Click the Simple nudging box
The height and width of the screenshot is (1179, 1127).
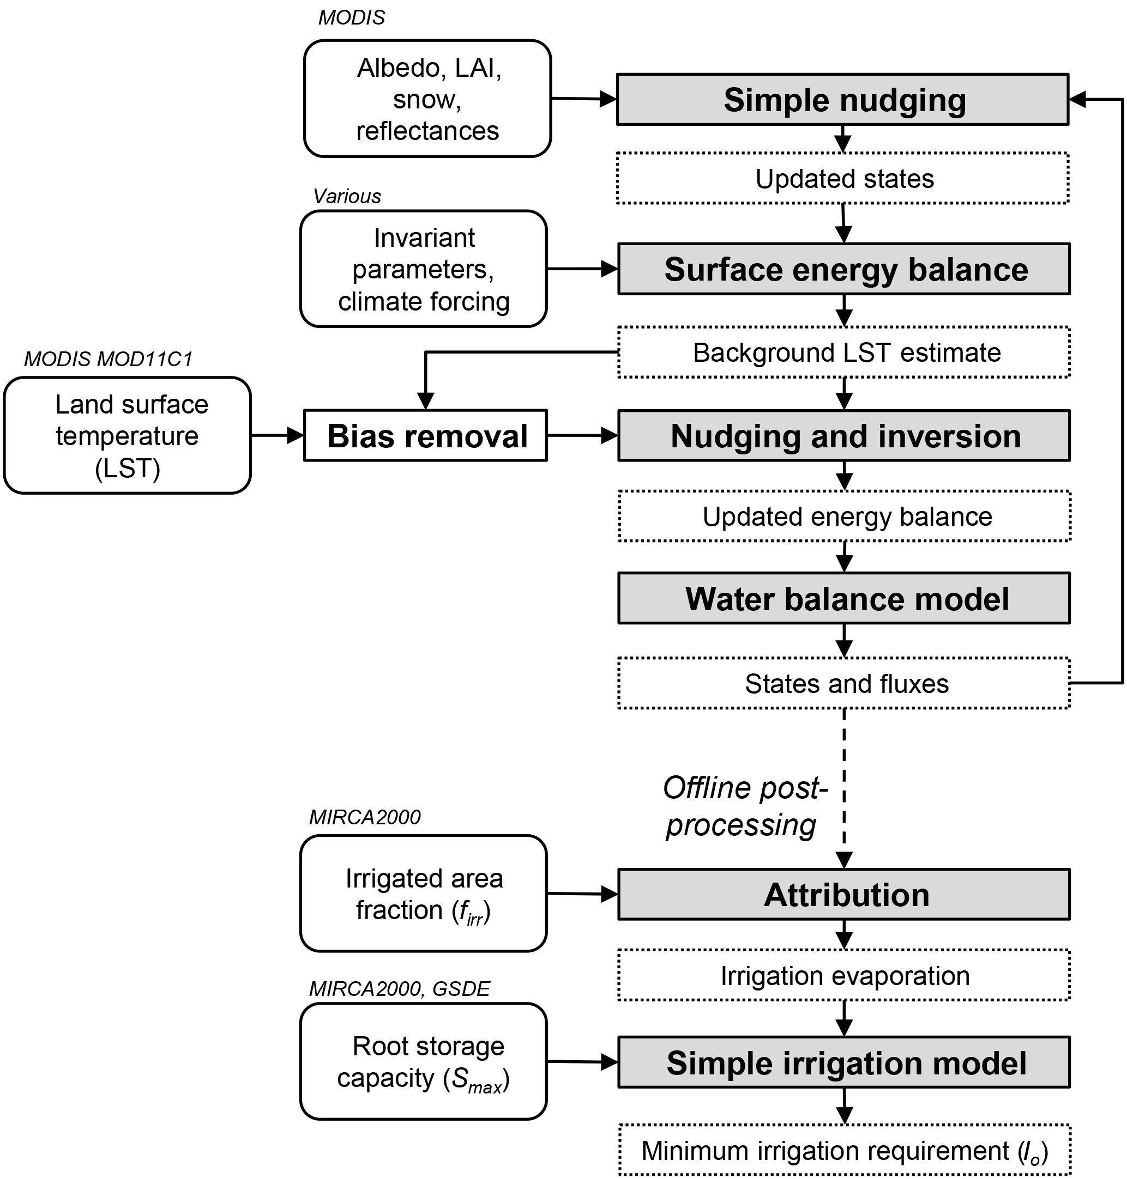[842, 100]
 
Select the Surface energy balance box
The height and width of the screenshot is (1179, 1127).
[844, 269]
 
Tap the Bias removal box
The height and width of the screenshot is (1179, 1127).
[425, 436]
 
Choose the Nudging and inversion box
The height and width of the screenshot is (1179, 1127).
[844, 436]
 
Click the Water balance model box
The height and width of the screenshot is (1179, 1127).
[844, 599]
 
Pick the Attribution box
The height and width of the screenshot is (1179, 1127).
[844, 895]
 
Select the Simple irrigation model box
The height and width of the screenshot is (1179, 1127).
[844, 1062]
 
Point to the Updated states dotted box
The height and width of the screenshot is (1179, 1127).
[842, 178]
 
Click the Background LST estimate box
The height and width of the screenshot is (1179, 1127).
[844, 353]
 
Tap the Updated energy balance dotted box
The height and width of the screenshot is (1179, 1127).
[844, 516]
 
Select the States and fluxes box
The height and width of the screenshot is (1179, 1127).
[844, 683]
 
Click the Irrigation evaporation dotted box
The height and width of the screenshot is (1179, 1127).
[844, 975]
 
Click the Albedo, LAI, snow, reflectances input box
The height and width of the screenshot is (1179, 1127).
[427, 99]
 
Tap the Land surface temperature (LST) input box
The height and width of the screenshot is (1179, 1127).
[128, 436]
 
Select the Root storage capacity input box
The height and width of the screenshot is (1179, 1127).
[424, 1062]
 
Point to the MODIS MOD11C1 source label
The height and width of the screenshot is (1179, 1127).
[108, 359]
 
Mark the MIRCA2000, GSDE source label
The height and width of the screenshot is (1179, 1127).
[400, 989]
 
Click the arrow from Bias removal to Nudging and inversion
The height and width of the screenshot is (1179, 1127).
[582, 436]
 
